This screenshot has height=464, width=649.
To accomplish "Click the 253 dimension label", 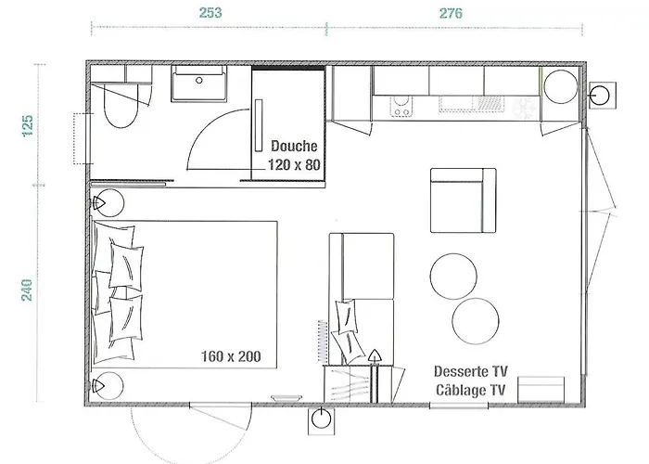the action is [x=210, y=13].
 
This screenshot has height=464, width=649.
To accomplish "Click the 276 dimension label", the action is [x=451, y=13].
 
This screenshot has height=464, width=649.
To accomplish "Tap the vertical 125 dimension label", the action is [x=27, y=126].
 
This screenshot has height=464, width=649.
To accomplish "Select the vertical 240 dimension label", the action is [x=27, y=290].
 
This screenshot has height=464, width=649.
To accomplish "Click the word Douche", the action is [x=294, y=146].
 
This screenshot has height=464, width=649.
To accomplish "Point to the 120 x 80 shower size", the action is [x=294, y=165].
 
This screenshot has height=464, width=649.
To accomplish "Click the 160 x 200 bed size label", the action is [x=231, y=356].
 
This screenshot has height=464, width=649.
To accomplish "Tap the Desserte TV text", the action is [x=471, y=371].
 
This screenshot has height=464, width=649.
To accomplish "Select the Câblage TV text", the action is [x=471, y=390].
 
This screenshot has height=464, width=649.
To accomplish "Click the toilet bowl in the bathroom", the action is [x=121, y=106].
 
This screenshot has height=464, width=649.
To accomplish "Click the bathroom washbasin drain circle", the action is [x=199, y=81].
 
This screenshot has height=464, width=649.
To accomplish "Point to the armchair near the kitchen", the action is [x=464, y=200].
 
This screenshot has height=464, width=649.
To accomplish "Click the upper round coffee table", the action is [x=453, y=277].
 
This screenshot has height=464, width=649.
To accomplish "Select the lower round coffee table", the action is [x=476, y=321].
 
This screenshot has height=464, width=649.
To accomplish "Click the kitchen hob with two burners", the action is [x=401, y=107].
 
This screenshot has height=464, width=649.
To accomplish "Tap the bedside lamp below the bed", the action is [x=108, y=386].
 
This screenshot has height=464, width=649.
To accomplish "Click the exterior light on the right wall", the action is [x=603, y=96].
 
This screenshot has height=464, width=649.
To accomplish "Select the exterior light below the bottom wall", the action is [x=321, y=420].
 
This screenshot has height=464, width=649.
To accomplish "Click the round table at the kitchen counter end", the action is [x=561, y=86].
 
